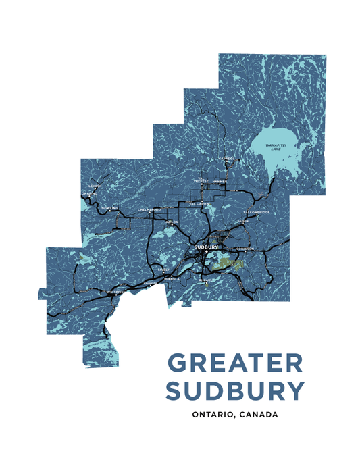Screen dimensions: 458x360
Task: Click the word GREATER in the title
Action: pos(235,363)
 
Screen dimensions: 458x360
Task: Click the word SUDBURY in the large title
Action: pos(235,390)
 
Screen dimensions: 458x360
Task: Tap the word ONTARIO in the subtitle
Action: pos(215,414)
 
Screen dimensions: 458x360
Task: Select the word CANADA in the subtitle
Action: pos(259,414)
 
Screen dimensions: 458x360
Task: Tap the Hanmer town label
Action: pos(220,181)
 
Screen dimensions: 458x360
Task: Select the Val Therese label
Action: pos(201,180)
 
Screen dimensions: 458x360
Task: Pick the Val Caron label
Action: pos(199,203)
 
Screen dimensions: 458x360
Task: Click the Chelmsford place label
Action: pos(149,209)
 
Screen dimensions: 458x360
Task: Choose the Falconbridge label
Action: pos(257,213)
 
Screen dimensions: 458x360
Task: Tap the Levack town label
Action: pos(95,185)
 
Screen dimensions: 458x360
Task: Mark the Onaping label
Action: pos(89,193)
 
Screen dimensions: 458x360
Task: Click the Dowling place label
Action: pos(110,208)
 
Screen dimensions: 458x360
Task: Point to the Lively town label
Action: pos(164,269)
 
